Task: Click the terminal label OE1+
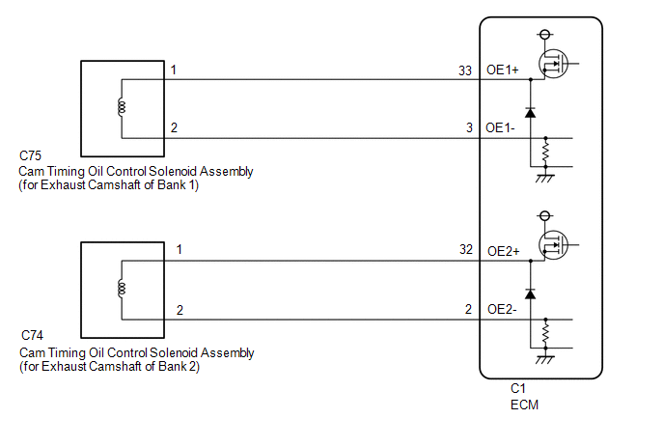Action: point(502,70)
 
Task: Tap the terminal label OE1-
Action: point(500,127)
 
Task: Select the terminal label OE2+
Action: point(503,251)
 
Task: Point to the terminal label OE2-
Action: point(502,309)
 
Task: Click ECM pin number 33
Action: point(465,70)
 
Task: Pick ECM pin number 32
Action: point(466,249)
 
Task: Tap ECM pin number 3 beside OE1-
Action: point(469,127)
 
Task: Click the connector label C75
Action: point(30,155)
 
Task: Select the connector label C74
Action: point(32,335)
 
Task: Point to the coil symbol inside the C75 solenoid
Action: point(122,106)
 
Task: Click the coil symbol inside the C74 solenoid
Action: point(122,288)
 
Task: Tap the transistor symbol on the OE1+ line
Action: point(553,64)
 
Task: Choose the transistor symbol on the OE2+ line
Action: point(553,245)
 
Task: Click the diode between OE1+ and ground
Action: point(530,112)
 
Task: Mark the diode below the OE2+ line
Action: point(530,293)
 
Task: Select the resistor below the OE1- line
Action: point(545,153)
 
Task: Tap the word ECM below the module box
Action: point(524,405)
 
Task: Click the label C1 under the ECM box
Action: point(518,388)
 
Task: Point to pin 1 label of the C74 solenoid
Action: point(180,249)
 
